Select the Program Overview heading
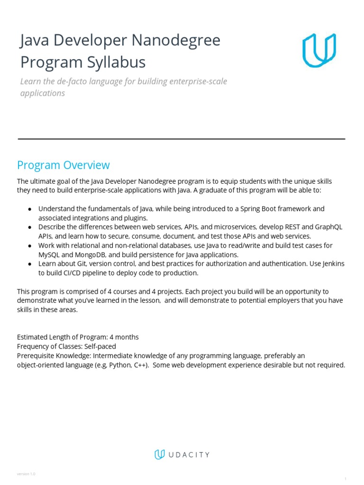point(64,165)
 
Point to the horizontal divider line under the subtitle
point(182,139)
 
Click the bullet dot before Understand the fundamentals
point(30,209)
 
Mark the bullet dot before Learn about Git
point(30,264)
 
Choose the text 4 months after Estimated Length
point(124,337)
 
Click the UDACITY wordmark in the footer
point(189,455)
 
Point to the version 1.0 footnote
point(26,474)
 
